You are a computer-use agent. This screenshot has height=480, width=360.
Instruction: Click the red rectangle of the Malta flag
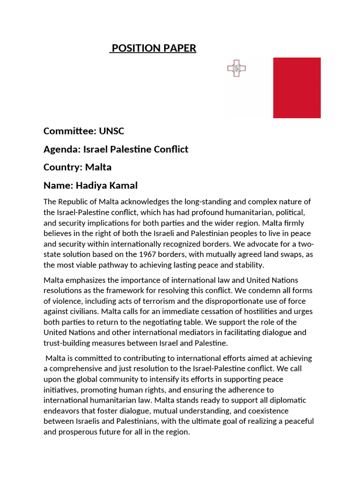point(297,88)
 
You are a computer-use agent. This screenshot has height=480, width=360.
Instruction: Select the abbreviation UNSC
point(111,131)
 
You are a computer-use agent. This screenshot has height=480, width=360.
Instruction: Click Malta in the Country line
point(98,167)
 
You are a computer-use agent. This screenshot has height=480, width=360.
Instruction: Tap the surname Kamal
point(123,186)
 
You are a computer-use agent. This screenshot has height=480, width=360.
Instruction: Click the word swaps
point(287,255)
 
